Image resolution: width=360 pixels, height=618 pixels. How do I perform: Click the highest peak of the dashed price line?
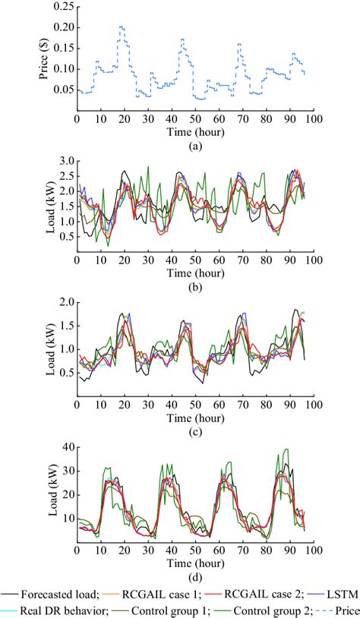[121, 27]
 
